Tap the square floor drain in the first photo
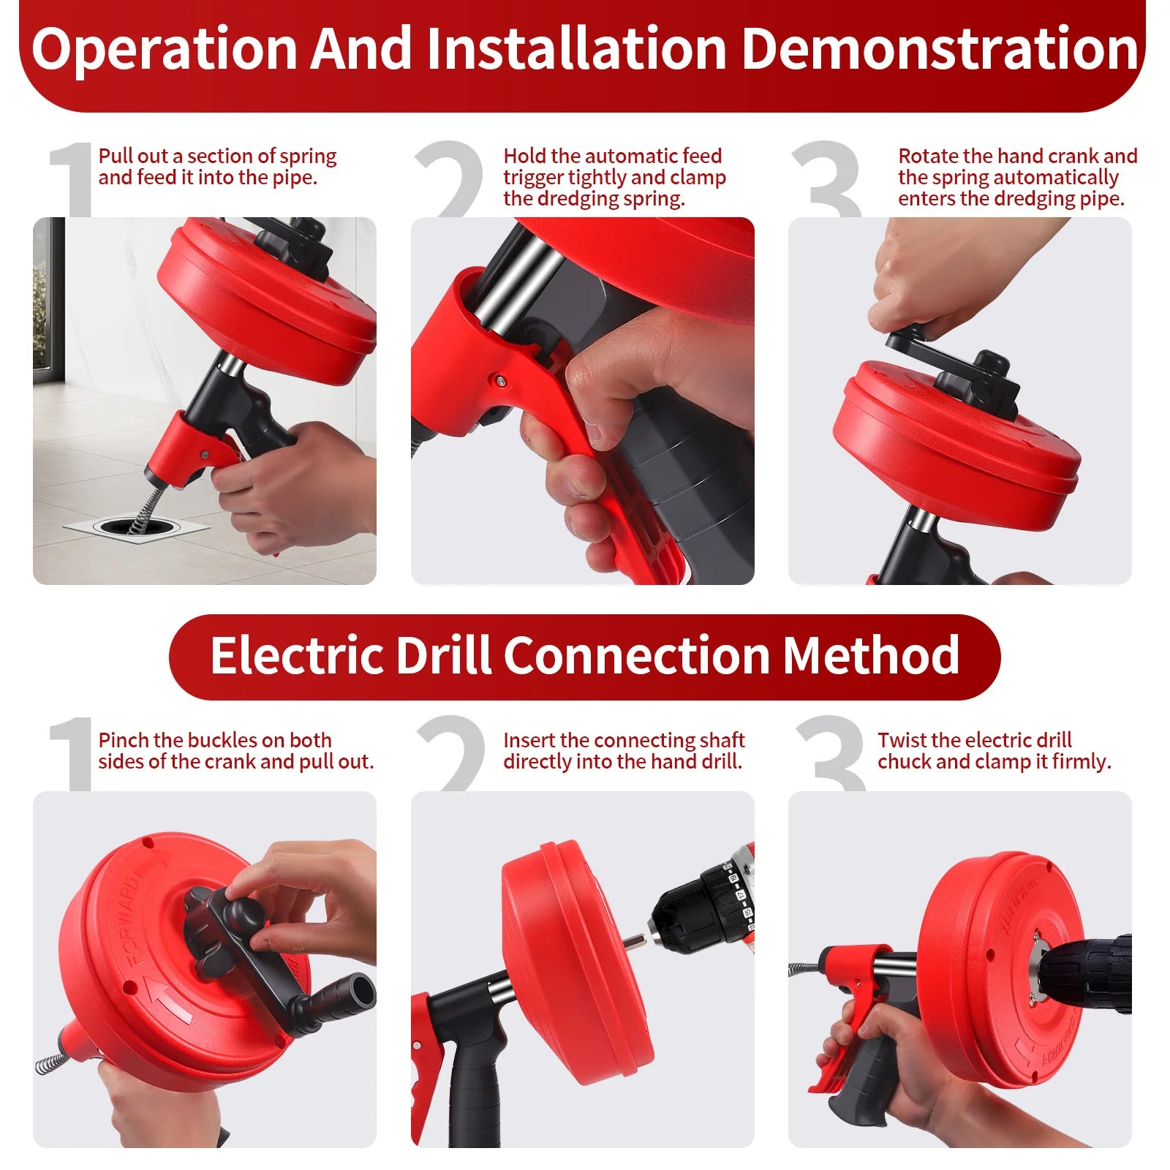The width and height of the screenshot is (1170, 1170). [136, 526]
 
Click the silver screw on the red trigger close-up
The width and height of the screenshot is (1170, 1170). [499, 380]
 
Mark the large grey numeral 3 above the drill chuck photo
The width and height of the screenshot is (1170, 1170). [830, 754]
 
